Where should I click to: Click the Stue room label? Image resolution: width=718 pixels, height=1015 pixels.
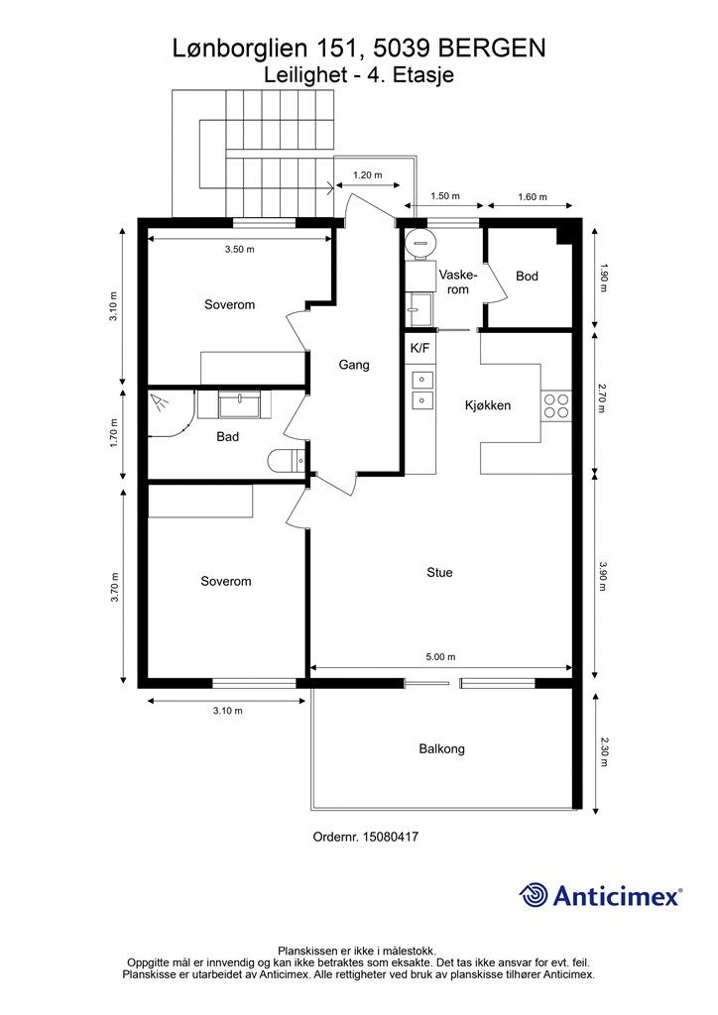pyautogui.click(x=439, y=572)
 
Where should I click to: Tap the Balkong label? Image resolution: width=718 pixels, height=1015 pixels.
pyautogui.click(x=441, y=749)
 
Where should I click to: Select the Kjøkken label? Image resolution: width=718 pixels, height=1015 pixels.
pyautogui.click(x=488, y=405)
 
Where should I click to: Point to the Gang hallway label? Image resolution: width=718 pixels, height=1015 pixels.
pyautogui.click(x=354, y=365)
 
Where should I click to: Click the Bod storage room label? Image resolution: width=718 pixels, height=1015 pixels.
pyautogui.click(x=527, y=277)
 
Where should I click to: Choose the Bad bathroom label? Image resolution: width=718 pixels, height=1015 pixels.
pyautogui.click(x=228, y=437)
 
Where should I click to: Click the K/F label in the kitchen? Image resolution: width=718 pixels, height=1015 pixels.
pyautogui.click(x=419, y=348)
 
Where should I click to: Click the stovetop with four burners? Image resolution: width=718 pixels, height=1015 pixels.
pyautogui.click(x=556, y=405)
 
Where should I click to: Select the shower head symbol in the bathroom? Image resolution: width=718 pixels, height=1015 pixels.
pyautogui.click(x=160, y=402)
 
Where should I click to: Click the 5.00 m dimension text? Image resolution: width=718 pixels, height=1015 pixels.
pyautogui.click(x=441, y=656)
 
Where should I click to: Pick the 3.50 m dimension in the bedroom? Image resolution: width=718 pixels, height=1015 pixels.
pyautogui.click(x=240, y=249)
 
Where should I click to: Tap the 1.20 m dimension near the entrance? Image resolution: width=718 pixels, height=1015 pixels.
pyautogui.click(x=367, y=174)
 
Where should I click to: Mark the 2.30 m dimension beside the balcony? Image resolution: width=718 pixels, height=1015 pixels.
pyautogui.click(x=603, y=751)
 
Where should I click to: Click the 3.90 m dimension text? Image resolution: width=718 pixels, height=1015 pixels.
pyautogui.click(x=603, y=576)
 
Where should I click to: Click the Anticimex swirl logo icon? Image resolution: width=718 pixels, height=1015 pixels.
pyautogui.click(x=534, y=895)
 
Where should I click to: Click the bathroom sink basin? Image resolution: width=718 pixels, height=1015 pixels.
pyautogui.click(x=239, y=406)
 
